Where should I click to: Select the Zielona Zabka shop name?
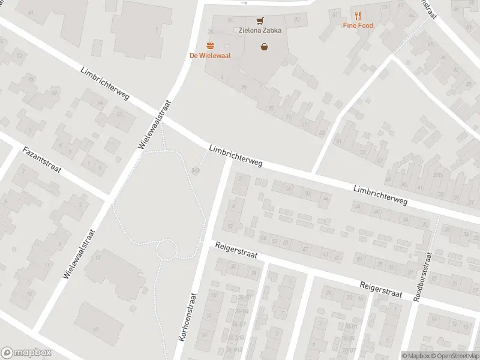259,30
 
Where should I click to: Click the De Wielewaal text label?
210,56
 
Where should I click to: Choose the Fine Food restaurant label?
358,25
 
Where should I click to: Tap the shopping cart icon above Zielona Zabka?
260,20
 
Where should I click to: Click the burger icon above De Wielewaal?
210,46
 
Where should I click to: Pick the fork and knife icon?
358,16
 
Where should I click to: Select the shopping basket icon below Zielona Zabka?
264,46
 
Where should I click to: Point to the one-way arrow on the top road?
243,3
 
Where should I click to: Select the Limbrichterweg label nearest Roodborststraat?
380,194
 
